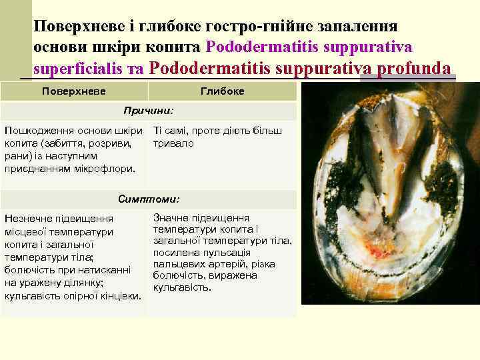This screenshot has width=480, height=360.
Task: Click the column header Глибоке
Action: click(x=222, y=91)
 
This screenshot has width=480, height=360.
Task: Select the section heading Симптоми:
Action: click(x=149, y=199)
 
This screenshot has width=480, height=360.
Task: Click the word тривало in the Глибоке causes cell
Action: click(x=173, y=143)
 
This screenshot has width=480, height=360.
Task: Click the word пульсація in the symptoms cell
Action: click(x=227, y=253)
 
